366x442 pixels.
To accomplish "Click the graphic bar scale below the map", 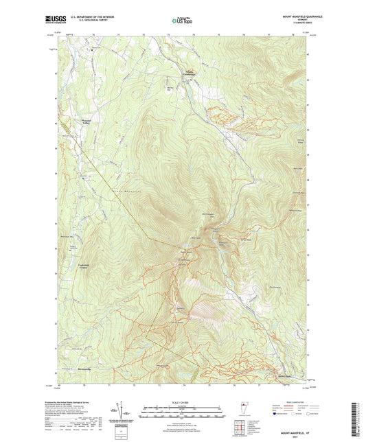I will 183,410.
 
